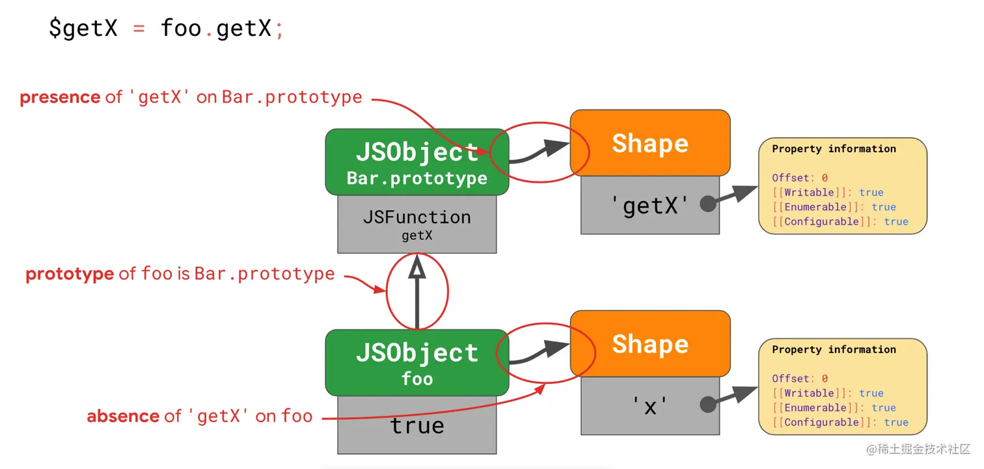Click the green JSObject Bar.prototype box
tap(417, 162)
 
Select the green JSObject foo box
tap(417, 363)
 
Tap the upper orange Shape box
tap(650, 142)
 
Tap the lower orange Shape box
tap(650, 343)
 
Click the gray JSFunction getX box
tap(417, 224)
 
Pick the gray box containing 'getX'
tap(650, 205)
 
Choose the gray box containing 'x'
tap(650, 406)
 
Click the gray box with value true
tap(417, 425)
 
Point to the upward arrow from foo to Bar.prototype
tap(417, 292)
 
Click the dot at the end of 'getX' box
tap(708, 204)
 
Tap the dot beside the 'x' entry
tap(708, 404)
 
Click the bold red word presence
tap(60, 98)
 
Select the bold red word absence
tap(123, 416)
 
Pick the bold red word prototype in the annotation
tap(70, 275)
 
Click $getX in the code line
tap(83, 29)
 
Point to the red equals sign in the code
tap(139, 29)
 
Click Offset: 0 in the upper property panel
tap(800, 178)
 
